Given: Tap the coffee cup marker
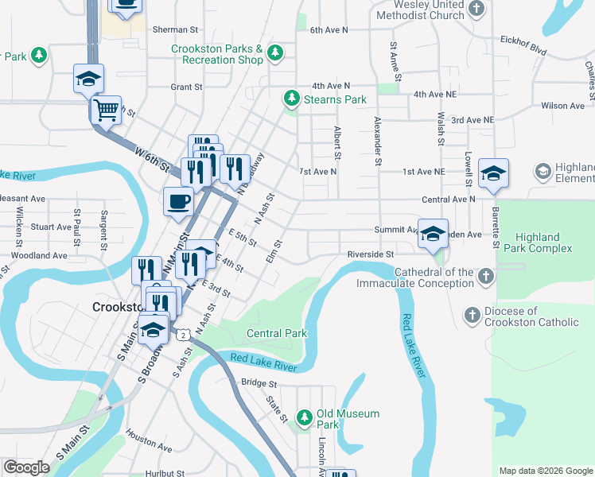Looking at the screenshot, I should coord(178,200).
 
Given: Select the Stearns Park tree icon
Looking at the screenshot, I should coord(292,99).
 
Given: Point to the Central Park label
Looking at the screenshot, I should coord(276,334).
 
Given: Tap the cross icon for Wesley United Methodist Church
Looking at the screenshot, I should coord(476,9).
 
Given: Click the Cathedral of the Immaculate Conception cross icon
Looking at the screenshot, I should coord(487,276).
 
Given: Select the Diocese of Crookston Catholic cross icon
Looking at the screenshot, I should coord(472,316).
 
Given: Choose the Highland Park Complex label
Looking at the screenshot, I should coord(543,242).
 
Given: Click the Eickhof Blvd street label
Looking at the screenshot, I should coord(523,45).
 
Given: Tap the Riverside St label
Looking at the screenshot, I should coord(371,254).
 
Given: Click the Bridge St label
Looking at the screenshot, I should coord(258,382).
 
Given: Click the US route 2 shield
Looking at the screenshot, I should coord(185,335).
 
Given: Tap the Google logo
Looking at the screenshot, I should coord(27,467).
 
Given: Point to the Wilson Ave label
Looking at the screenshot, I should coord(562,106).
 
